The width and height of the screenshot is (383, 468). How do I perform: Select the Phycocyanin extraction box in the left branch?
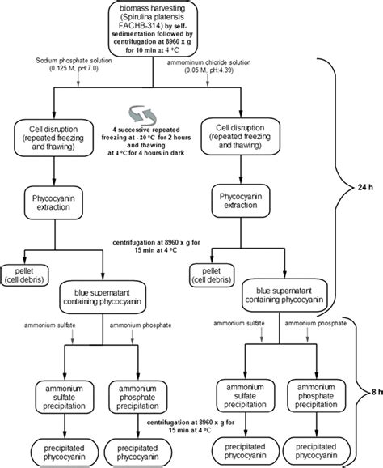coord(53,202)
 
